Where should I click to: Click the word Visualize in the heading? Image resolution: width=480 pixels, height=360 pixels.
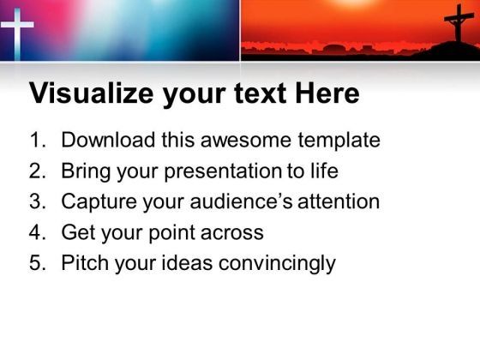coord(91,93)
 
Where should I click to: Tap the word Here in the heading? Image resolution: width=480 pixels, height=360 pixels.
coord(327,93)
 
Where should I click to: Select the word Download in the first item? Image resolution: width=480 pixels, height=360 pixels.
coord(108,140)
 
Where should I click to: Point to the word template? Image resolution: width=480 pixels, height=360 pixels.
coord(339,141)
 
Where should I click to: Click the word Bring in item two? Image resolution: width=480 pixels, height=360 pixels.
coord(86,171)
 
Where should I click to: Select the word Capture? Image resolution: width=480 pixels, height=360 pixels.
coord(99,201)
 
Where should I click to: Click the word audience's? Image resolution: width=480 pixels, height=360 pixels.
coord(241,201)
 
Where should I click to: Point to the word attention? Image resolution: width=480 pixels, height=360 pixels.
coord(339,201)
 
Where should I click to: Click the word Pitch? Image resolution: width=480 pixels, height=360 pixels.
coord(85,262)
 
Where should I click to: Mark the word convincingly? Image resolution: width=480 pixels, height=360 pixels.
coord(277,263)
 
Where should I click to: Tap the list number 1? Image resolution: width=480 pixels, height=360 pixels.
coord(38,140)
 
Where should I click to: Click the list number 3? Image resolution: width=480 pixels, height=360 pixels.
coord(38,201)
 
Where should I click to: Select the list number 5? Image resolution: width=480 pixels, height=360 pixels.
coord(38,262)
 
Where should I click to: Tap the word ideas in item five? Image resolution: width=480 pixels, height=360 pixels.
coord(187,262)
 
